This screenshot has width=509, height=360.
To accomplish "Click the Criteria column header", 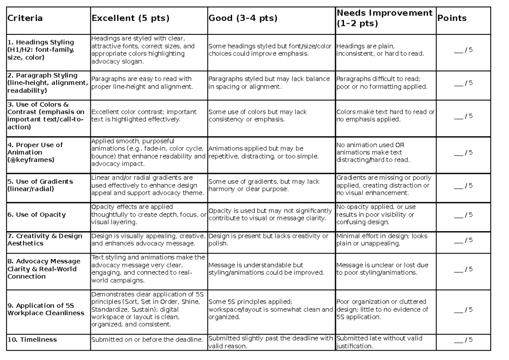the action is pos(25,18).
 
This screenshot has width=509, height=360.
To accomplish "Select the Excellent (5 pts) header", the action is pos(130,18).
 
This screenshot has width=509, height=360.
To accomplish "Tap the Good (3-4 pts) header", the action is pos(243,18).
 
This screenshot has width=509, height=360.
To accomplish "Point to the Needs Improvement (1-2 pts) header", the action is pos(384,18).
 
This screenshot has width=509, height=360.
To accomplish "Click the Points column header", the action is pos(452,18).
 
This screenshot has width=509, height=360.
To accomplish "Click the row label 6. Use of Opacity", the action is pos(37,215).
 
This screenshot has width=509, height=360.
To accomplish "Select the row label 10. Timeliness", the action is pos(32,339).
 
